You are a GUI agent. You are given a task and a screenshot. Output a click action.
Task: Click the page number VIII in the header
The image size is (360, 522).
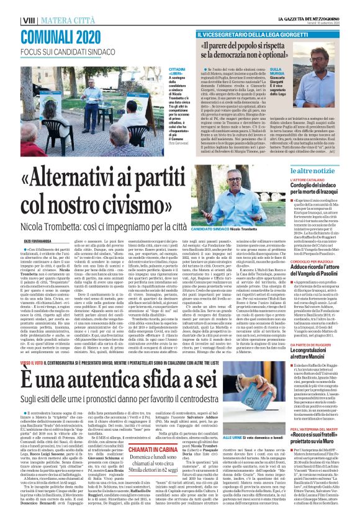point(10,6)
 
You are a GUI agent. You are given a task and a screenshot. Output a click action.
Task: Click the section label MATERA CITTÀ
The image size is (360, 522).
point(47,6)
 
